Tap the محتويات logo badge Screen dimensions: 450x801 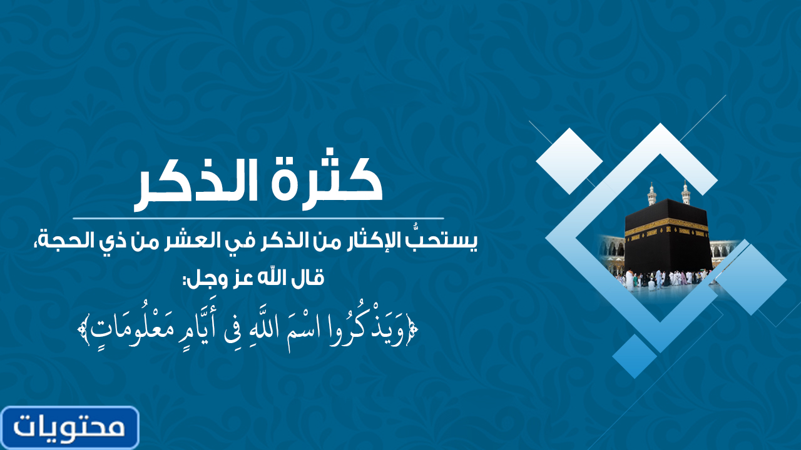pyautogui.click(x=70, y=427)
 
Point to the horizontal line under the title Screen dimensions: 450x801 pyautogui.click(x=258, y=218)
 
